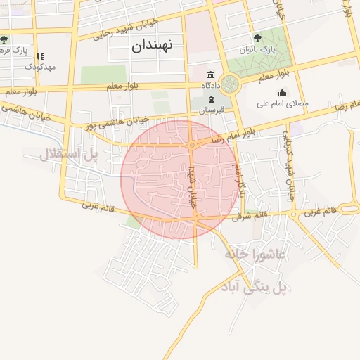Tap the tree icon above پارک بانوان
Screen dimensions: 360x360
click(257, 38)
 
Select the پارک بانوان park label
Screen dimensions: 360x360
click(258, 51)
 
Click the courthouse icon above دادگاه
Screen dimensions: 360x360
click(210, 75)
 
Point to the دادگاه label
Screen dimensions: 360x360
click(210, 86)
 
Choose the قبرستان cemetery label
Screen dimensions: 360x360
click(210, 111)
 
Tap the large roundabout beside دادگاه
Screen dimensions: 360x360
click(229, 84)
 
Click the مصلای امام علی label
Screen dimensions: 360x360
click(285, 103)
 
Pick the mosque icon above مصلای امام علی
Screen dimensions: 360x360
click(282, 92)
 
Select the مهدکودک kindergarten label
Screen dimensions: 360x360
click(39, 66)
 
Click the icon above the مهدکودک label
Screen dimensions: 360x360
click(40, 56)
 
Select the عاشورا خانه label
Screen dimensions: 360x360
click(255, 254)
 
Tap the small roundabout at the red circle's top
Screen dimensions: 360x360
click(191, 146)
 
